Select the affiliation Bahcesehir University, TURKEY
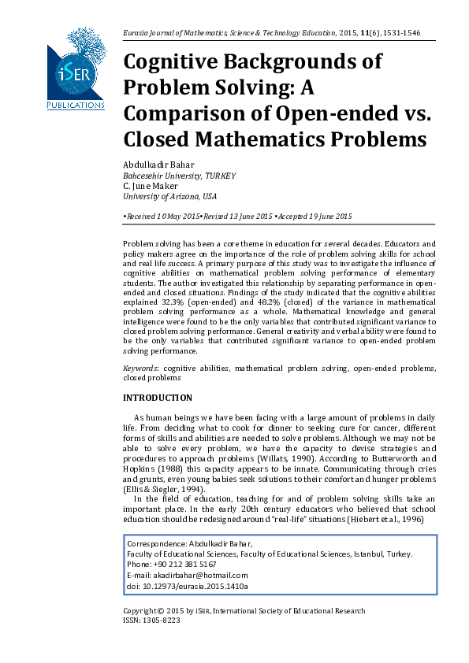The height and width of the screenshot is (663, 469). (x=180, y=176)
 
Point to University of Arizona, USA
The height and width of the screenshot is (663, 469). (x=170, y=196)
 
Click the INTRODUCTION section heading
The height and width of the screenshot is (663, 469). (x=158, y=398)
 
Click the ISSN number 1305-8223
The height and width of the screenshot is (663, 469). (x=162, y=620)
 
